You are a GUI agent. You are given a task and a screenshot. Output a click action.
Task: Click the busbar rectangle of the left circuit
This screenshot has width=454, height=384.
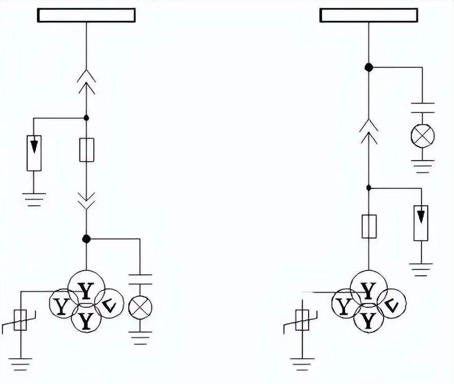86,15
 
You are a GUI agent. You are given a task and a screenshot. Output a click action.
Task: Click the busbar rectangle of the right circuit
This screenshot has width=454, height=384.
368,15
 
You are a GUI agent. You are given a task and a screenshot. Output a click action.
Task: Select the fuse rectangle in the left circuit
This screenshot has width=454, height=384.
86,150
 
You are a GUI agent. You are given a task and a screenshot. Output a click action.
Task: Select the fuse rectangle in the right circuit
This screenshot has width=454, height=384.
369,227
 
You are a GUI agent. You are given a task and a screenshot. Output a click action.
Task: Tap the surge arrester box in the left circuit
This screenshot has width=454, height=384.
34,152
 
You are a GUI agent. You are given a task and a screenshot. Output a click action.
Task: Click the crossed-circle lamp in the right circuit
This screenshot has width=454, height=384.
422,136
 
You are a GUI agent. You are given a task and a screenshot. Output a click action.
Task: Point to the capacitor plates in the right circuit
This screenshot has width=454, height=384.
422,107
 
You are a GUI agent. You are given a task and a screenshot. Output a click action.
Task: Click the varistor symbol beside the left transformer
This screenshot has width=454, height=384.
21,321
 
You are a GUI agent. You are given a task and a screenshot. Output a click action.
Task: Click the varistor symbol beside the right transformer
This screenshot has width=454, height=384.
302,321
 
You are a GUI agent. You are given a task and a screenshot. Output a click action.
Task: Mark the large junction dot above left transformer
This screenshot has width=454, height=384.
86,239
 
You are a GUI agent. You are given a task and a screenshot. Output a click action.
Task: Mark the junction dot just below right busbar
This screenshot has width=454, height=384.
368,67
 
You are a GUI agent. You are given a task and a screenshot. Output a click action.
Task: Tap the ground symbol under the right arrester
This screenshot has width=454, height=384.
421,269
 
